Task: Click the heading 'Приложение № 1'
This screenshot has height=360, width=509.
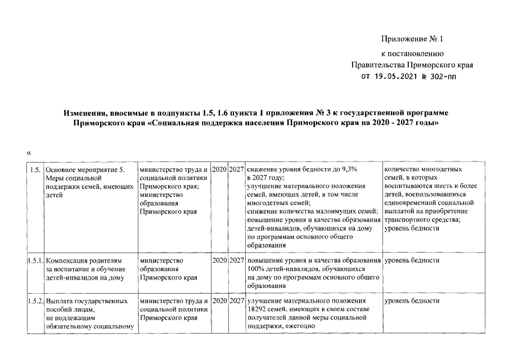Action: (413, 39)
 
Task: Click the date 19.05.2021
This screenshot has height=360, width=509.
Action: (393, 76)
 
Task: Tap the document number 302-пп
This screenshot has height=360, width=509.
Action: (443, 76)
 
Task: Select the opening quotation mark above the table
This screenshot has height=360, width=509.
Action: (28, 153)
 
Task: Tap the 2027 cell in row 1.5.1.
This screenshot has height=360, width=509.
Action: (237, 261)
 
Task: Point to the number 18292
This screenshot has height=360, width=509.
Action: (257, 310)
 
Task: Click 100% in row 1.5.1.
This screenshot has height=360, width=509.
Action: (256, 269)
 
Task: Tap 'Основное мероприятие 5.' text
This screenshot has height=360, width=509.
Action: (84, 169)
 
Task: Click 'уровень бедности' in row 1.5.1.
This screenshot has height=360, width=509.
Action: (412, 261)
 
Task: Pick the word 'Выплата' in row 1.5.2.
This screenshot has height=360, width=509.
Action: (60, 301)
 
